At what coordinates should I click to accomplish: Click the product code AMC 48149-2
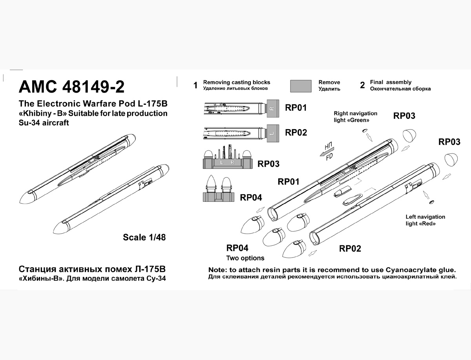(x=72, y=86)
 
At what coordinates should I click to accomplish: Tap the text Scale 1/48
(x=144, y=237)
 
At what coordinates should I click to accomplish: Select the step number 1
(x=195, y=86)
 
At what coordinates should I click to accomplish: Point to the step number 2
(x=362, y=86)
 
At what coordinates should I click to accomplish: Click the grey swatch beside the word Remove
(x=301, y=86)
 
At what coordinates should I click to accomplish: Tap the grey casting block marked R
(x=273, y=108)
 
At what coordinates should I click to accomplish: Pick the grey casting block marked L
(x=272, y=133)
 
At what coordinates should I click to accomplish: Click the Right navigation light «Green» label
(x=355, y=117)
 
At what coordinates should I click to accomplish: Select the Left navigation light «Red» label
(x=425, y=220)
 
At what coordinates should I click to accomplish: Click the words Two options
(x=245, y=258)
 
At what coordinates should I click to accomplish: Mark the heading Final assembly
(x=391, y=82)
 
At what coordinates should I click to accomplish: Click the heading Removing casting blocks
(x=237, y=82)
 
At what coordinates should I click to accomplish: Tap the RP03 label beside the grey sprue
(x=268, y=164)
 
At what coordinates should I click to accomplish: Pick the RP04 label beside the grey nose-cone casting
(x=251, y=197)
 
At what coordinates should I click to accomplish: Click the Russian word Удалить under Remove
(x=329, y=89)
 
